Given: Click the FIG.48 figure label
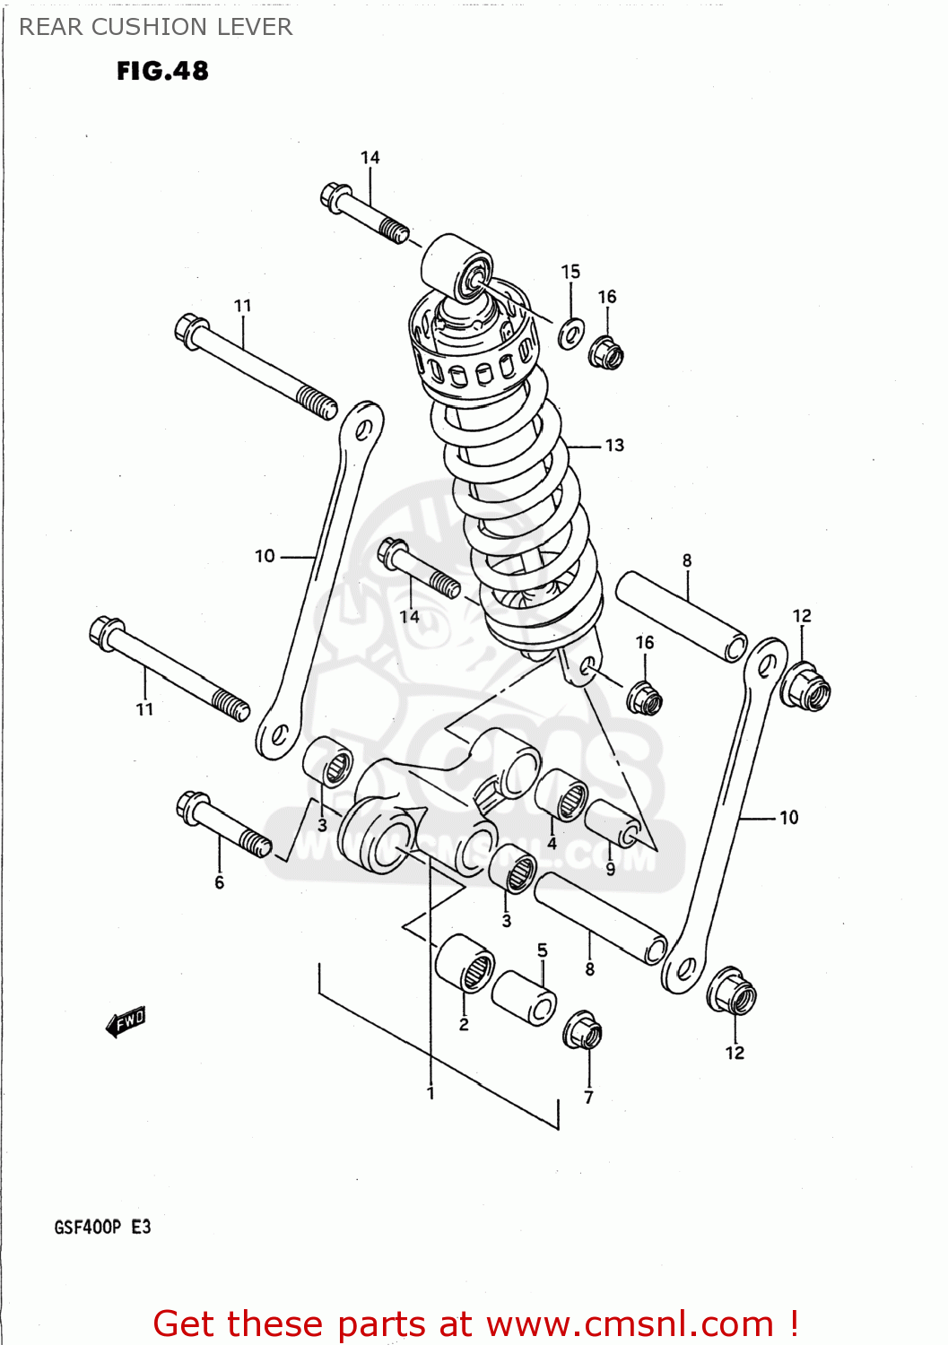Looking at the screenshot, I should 162,71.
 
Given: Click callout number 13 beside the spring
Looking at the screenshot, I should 614,446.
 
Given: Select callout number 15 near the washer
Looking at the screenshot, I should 570,272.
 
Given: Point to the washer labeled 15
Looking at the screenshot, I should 570,334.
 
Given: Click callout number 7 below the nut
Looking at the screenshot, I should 588,1097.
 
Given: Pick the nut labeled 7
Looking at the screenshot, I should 583,1032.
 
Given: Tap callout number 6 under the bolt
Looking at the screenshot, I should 220,883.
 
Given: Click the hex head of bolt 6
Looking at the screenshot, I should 192,807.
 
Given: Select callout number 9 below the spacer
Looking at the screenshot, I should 611,869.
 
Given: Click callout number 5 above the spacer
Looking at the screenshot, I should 543,950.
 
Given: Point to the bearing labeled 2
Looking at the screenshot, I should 465,964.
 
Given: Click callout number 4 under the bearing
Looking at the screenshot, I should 552,843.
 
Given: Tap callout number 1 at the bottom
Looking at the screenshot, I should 431,1093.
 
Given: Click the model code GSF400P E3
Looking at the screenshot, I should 102,1227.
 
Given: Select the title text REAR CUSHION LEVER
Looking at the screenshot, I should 156,27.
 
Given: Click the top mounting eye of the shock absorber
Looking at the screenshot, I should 458,266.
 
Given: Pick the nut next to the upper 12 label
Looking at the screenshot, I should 804,687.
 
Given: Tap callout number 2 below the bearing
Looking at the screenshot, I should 464,1025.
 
